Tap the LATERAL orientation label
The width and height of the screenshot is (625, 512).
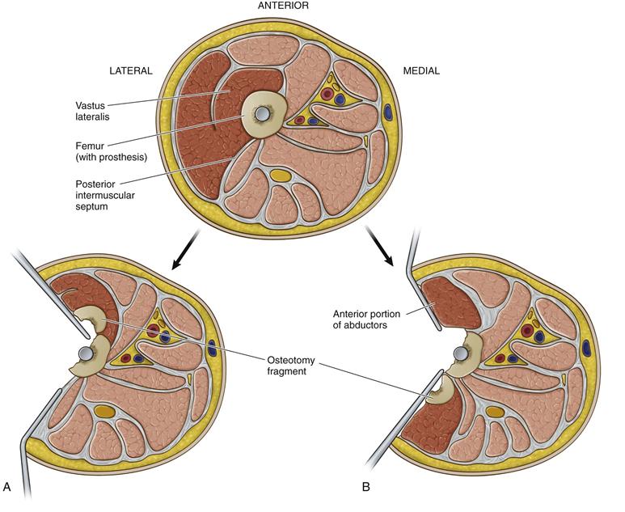pos(131,71)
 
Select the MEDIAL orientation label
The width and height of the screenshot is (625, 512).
pos(421,71)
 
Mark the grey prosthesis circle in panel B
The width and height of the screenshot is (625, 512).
pos(459,353)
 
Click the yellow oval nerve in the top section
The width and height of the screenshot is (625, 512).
pos(280,175)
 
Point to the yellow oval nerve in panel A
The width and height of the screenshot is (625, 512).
pos(104,412)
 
